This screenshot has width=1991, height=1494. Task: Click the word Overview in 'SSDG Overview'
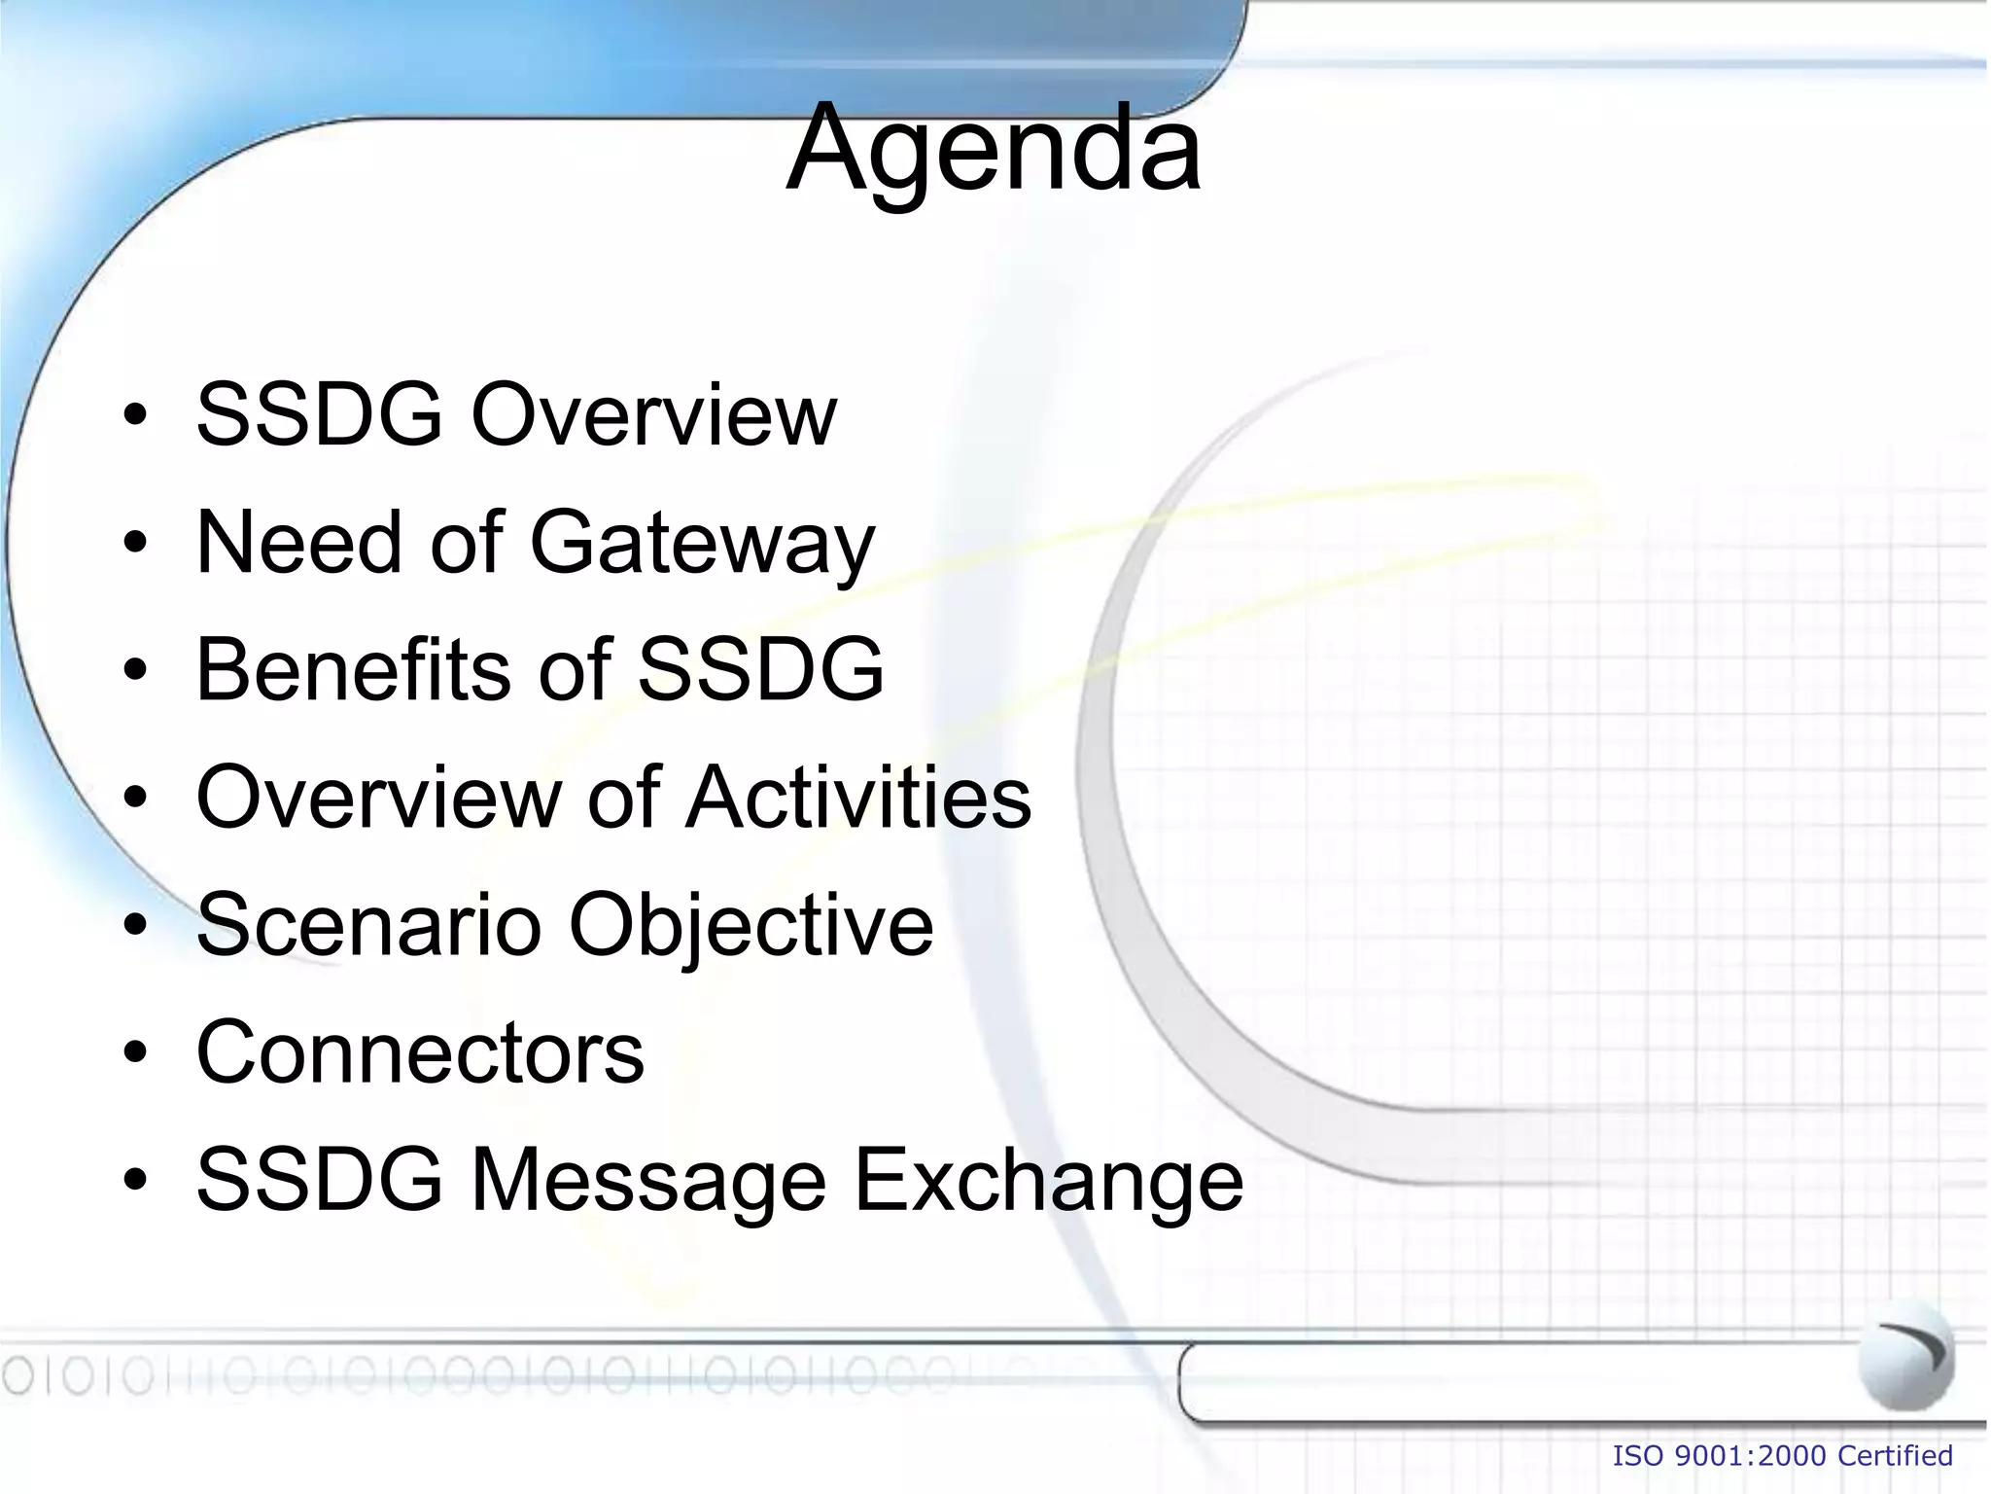coord(653,415)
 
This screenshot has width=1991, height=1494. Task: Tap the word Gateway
coord(702,544)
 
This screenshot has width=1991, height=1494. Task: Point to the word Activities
coord(858,797)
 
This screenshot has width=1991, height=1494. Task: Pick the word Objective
coord(751,926)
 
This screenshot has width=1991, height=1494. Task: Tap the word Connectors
coord(420,1052)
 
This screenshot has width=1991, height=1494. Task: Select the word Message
coord(648,1182)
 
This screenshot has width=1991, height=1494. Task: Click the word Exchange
coord(1048,1182)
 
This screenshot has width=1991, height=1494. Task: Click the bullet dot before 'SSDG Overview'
coord(135,417)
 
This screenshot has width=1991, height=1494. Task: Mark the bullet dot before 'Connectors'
coord(135,1054)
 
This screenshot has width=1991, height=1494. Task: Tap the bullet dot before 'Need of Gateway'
coord(135,545)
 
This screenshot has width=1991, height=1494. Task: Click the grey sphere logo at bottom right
coord(1905,1354)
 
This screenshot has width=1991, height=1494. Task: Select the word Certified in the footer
coord(1895,1456)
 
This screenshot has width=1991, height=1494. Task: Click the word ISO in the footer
coord(1639,1456)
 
